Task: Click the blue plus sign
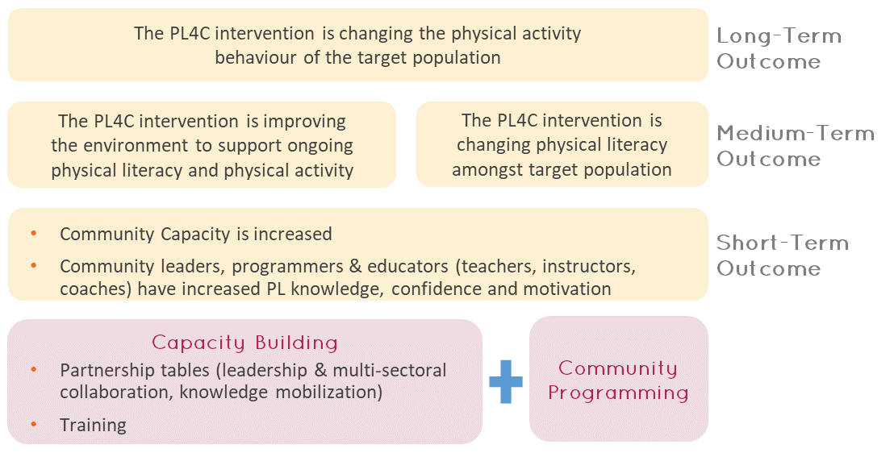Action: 506,382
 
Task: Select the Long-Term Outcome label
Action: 779,48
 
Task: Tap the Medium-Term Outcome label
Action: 796,145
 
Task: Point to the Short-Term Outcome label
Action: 783,256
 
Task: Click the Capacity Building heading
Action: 244,343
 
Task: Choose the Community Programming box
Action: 619,379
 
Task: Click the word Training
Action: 93,425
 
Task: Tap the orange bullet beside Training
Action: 34,425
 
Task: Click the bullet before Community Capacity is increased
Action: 34,234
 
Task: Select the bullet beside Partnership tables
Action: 34,370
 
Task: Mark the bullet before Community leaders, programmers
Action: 34,265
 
